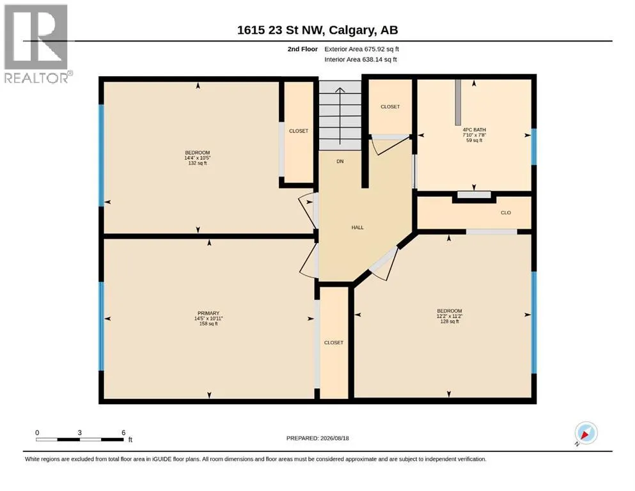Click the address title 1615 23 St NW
(317, 30)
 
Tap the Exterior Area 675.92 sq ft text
(362, 49)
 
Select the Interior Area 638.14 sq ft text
(361, 59)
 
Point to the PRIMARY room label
(208, 313)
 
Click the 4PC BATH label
(474, 130)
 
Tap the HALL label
(357, 228)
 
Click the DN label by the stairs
(340, 161)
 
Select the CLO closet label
(506, 212)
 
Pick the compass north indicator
(586, 433)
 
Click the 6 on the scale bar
(123, 432)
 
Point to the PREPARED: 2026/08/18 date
(317, 438)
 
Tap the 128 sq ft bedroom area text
(450, 322)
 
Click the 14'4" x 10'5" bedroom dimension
(198, 158)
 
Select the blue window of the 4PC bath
(534, 146)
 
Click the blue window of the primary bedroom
(101, 326)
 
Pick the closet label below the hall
(334, 343)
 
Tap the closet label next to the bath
(390, 107)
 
